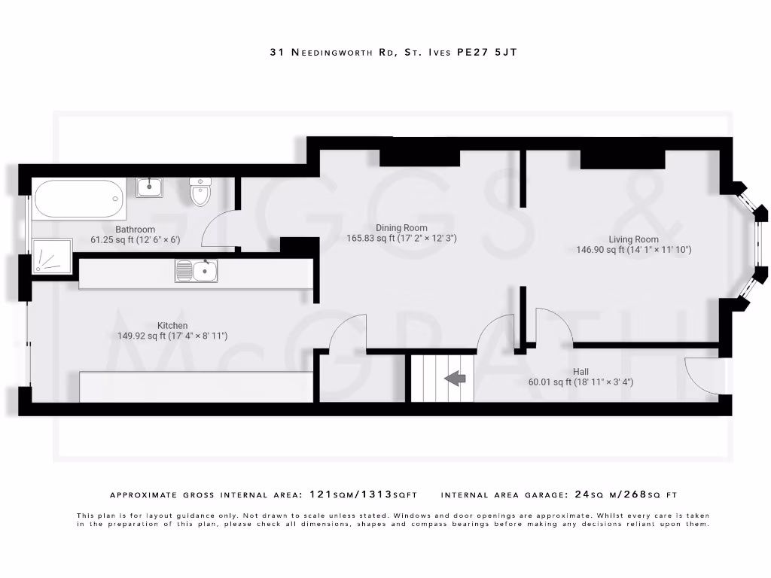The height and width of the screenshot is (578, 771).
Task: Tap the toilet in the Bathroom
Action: coord(200,193)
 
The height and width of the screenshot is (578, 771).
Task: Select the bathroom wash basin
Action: coord(150,187)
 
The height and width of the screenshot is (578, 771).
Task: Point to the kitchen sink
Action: coord(197,271)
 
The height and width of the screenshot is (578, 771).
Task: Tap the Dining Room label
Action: coord(401,228)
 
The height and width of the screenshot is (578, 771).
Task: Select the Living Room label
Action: coord(633,239)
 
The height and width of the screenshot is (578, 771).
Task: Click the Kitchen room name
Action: coord(172,326)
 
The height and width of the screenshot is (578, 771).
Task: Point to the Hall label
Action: coord(581,372)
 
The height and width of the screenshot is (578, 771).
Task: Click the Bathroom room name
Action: coord(135,230)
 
